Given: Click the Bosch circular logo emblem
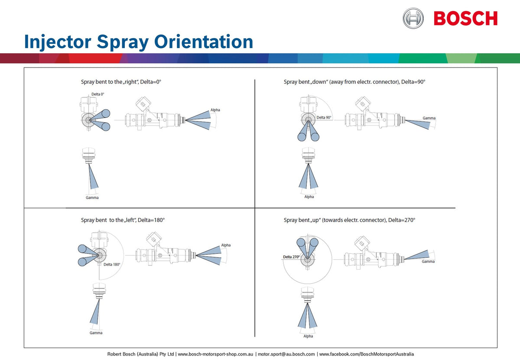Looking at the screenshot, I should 413,18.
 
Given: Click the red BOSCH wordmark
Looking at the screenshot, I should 465,19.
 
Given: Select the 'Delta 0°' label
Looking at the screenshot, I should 97,94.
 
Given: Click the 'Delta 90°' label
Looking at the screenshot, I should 324,117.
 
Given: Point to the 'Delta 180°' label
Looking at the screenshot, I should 111,264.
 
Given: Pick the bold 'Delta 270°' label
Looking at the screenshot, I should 291,257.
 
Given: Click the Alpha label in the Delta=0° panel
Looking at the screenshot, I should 215,110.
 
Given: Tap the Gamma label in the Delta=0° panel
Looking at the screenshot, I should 92,198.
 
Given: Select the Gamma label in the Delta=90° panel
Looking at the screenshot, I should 429,118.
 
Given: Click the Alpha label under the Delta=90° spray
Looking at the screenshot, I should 309,197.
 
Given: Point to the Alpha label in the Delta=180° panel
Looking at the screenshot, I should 226,245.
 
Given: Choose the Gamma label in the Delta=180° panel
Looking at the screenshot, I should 96,333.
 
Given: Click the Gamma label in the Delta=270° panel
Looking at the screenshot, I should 428,261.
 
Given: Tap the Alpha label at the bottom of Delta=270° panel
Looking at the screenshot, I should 308,336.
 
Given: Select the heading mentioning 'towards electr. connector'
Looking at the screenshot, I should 349,220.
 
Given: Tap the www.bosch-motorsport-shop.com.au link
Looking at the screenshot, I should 215,354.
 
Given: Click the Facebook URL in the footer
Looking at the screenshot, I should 366,354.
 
